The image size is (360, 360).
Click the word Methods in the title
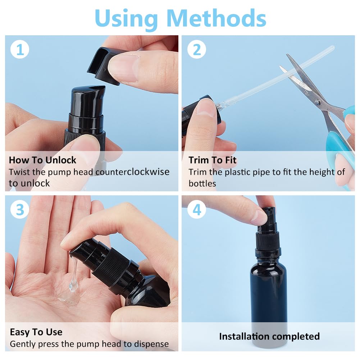coord(217,18)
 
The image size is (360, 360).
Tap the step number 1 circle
coord(20,49)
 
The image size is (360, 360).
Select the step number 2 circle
coord(197,49)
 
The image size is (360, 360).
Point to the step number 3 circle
coord(20,210)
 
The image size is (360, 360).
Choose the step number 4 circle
coord(197,210)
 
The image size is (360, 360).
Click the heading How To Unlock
coord(42,160)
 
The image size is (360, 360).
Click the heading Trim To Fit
coord(213,160)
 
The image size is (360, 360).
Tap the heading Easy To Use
coord(36,332)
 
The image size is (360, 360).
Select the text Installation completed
coord(269,336)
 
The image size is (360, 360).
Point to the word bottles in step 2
coord(202,183)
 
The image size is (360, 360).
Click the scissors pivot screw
coord(317,102)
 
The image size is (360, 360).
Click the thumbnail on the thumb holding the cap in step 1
coord(123,68)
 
